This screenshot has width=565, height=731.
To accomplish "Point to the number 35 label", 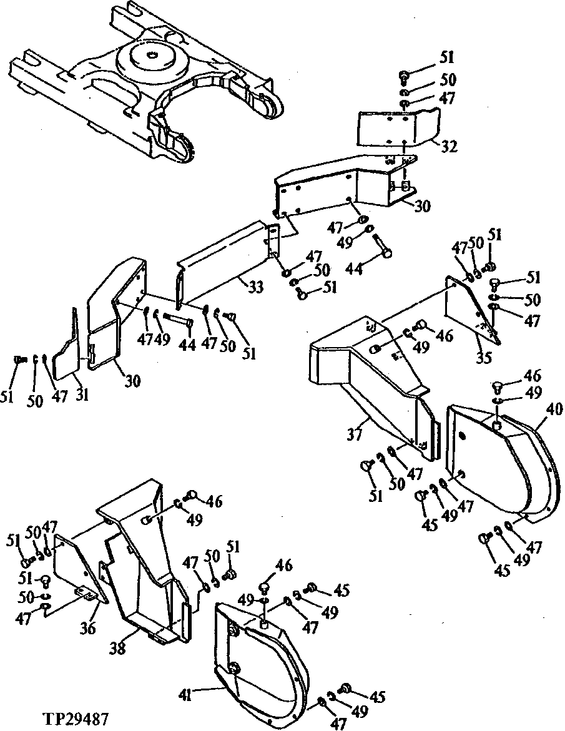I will (484, 359).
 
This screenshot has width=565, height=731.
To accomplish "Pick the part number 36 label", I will (87, 629).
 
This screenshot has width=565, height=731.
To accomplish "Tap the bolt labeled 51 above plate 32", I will (403, 77).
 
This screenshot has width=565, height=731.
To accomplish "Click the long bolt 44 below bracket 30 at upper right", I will (381, 246).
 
